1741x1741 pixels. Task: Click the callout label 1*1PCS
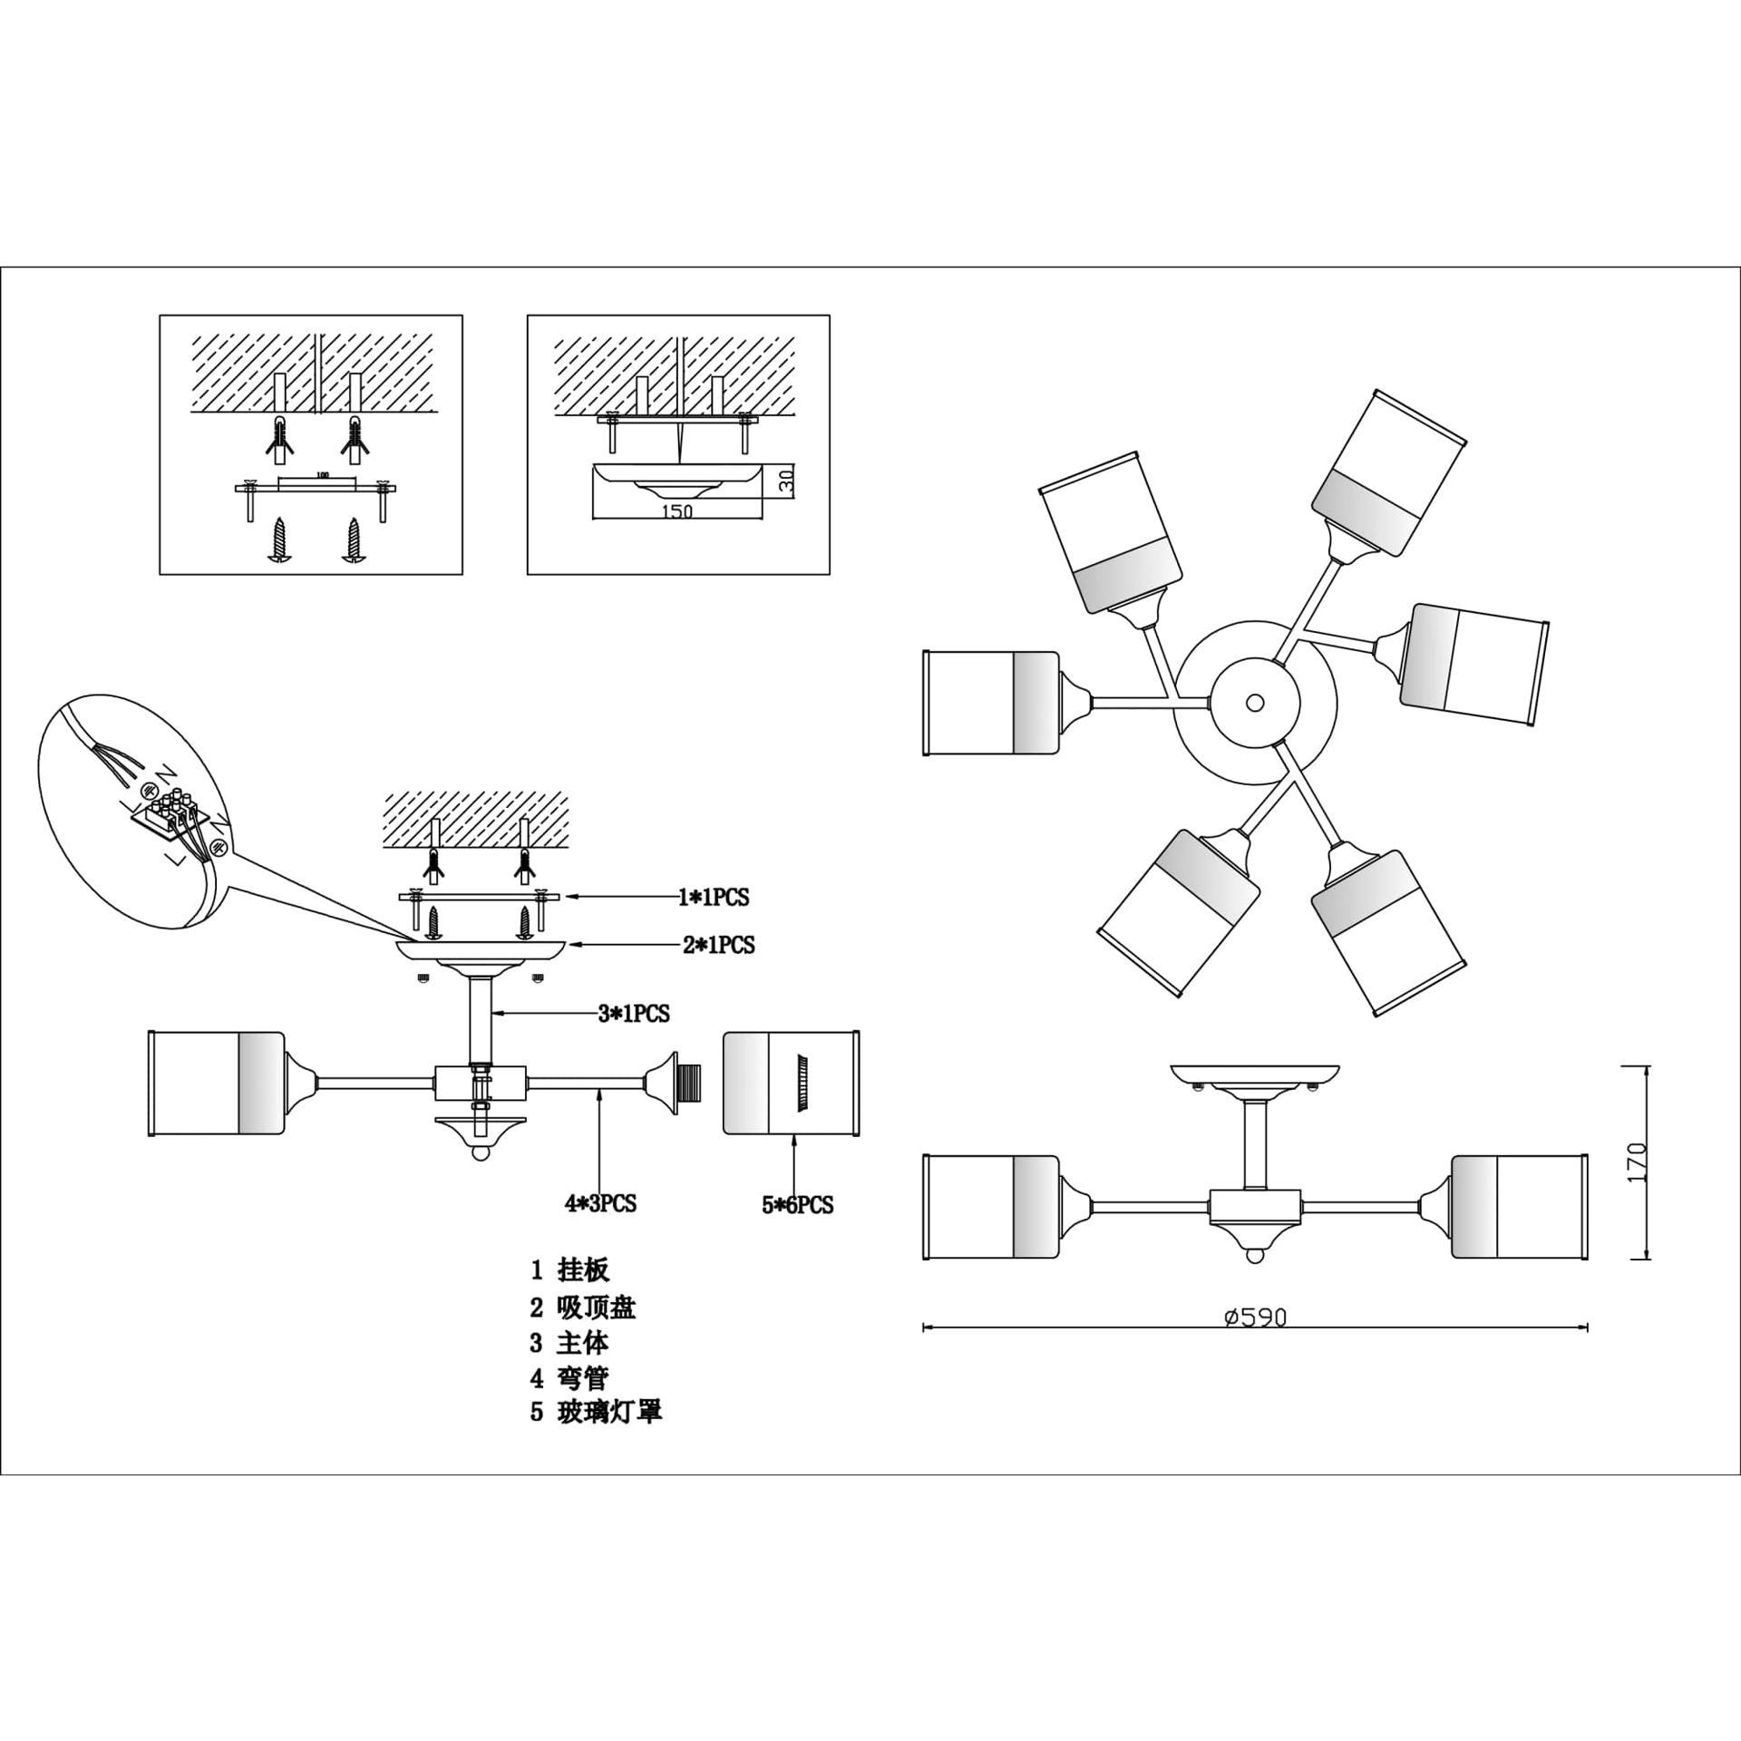pyautogui.click(x=714, y=897)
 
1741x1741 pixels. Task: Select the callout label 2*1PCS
pyautogui.click(x=718, y=945)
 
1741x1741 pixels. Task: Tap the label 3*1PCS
pyautogui.click(x=633, y=1013)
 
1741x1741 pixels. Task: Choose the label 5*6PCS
pyautogui.click(x=796, y=1205)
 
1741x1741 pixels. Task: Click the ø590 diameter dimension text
pyautogui.click(x=1255, y=1318)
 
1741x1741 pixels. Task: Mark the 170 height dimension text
pyautogui.click(x=1637, y=1162)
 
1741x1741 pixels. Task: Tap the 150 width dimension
pyautogui.click(x=677, y=511)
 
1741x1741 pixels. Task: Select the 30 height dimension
pyautogui.click(x=786, y=480)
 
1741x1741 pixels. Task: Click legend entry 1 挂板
pyautogui.click(x=569, y=1270)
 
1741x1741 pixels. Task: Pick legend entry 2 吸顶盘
pyautogui.click(x=582, y=1308)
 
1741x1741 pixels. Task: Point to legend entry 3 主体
pyautogui.click(x=569, y=1343)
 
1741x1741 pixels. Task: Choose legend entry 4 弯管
pyautogui.click(x=569, y=1378)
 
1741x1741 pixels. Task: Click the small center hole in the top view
pyautogui.click(x=1255, y=702)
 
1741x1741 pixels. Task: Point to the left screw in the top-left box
pyautogui.click(x=279, y=543)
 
